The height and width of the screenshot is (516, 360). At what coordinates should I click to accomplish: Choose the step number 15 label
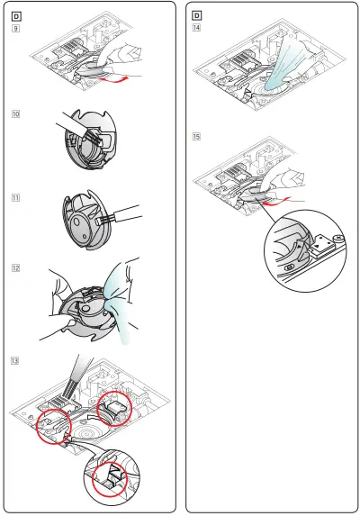click(x=197, y=137)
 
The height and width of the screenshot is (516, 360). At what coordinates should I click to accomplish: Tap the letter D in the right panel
click(x=197, y=15)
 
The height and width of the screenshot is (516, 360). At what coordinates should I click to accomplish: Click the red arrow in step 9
click(x=122, y=81)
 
